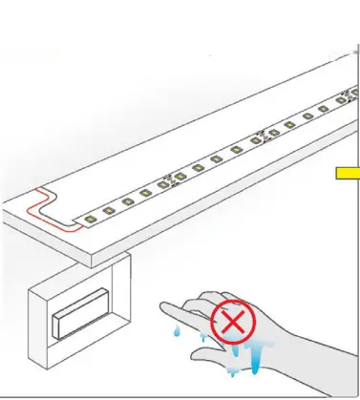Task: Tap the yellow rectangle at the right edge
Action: point(347,173)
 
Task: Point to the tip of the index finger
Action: point(163,308)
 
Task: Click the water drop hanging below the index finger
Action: point(179,328)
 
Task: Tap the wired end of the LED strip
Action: point(81,221)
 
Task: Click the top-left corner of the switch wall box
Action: point(30,285)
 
